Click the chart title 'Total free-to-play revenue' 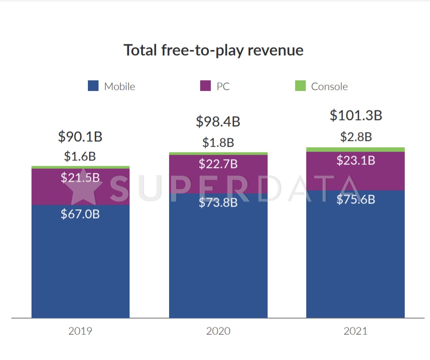click(x=213, y=50)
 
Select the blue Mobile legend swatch click(x=93, y=86)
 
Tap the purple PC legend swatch click(x=205, y=86)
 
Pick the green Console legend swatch click(x=300, y=86)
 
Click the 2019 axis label click(x=80, y=331)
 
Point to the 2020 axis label click(x=218, y=331)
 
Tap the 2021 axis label click(x=355, y=331)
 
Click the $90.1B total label click(x=80, y=137)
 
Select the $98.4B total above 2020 click(x=218, y=121)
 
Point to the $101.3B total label click(x=355, y=115)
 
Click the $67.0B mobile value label click(x=80, y=214)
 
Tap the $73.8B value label click(x=218, y=203)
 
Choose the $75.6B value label click(x=355, y=200)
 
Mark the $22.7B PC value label click(x=218, y=164)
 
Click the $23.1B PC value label click(x=355, y=160)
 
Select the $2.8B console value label click(x=355, y=137)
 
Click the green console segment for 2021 click(x=355, y=149)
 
